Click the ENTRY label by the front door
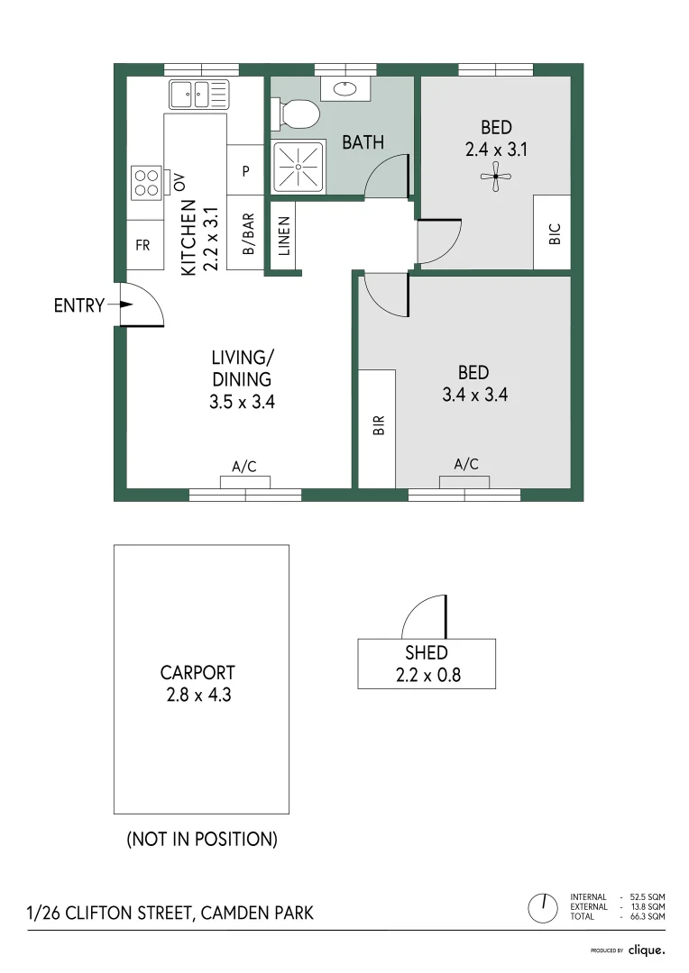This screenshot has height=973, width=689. tap(79, 305)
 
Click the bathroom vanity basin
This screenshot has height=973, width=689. tap(345, 88)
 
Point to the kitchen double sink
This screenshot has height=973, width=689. tap(199, 93)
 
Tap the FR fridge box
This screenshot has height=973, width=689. tap(143, 245)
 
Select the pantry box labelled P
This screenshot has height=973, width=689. tap(245, 170)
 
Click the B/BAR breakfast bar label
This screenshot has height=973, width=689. tap(246, 233)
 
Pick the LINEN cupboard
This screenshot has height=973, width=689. tap(283, 236)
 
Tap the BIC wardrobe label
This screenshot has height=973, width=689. tap(554, 232)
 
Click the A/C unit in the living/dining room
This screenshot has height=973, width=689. tap(245, 480)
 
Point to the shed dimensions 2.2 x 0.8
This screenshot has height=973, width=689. tap(427, 675)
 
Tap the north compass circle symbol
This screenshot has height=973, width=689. tap(545, 906)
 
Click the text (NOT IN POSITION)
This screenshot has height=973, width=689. tap(201, 839)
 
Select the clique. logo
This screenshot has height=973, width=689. tap(646, 950)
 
